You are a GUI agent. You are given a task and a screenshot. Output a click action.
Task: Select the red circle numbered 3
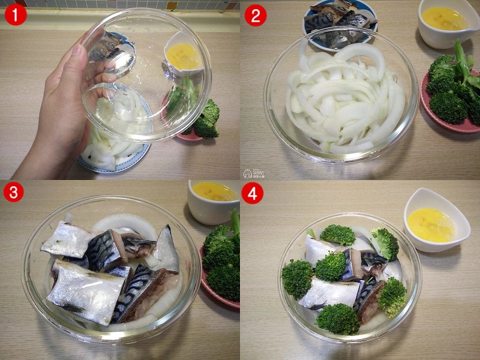point(13,193)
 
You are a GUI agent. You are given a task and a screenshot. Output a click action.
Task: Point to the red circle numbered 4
point(253,193)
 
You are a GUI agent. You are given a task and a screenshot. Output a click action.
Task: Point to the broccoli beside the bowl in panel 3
point(222,258)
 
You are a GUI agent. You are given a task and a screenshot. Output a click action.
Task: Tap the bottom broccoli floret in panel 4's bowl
point(338,318)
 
